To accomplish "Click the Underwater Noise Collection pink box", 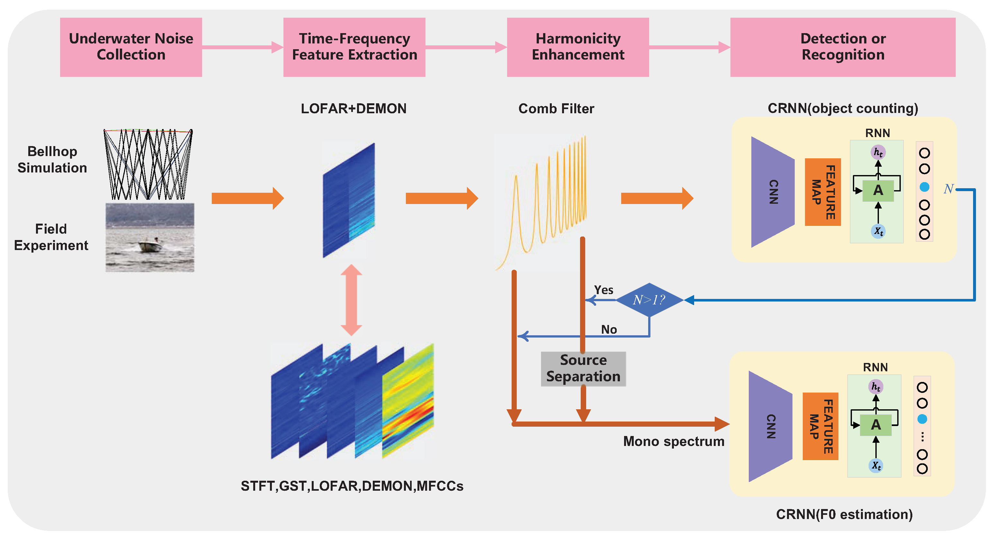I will coord(131,47).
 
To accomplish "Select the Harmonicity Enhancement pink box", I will coord(577,47).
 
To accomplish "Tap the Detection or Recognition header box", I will coord(842,47).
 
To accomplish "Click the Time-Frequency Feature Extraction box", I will coord(354,47).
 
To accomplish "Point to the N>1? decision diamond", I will coord(649,300).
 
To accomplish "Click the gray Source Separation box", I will coord(583,368).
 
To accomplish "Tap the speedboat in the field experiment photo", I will coord(149,246).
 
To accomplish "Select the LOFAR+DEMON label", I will coord(353,108).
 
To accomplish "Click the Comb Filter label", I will coord(556,108).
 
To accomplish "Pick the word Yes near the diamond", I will coord(603,290).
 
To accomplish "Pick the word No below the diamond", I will coord(609,329).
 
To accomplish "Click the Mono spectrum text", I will coord(674,441).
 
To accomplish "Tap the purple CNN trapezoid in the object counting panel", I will coord(772,192).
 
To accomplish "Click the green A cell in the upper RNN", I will coord(878,190).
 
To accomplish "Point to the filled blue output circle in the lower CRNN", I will coord(922,419).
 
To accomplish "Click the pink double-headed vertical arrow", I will coord(351,300).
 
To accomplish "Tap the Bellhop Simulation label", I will coord(52,159).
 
